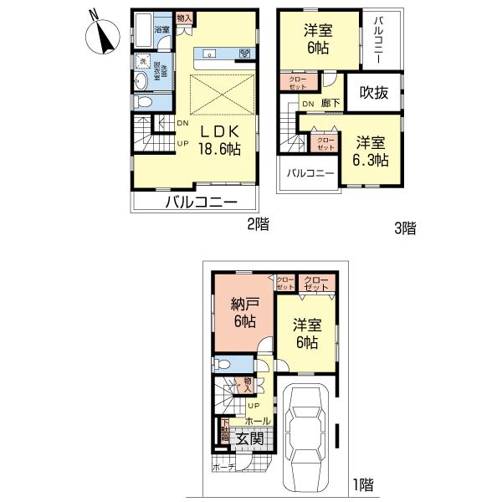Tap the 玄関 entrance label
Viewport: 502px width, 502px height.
(249, 438)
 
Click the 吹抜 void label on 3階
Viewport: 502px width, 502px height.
(373, 94)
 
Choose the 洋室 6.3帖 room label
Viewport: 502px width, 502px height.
(368, 151)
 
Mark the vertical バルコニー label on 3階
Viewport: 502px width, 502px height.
(379, 41)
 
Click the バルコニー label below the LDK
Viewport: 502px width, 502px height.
(201, 202)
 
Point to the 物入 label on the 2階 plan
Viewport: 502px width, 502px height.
(184, 18)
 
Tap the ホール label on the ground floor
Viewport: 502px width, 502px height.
(258, 421)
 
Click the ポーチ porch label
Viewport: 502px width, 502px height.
(223, 467)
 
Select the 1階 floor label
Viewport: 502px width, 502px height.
(361, 484)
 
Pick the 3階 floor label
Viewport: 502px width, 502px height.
(404, 227)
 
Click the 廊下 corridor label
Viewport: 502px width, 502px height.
(330, 103)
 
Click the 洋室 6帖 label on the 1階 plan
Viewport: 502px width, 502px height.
(305, 334)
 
